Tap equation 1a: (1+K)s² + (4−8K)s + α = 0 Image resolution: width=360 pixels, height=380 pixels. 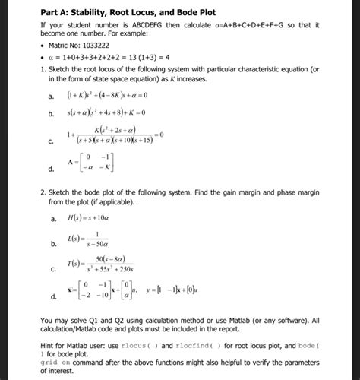pyautogui.click(x=122, y=96)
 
